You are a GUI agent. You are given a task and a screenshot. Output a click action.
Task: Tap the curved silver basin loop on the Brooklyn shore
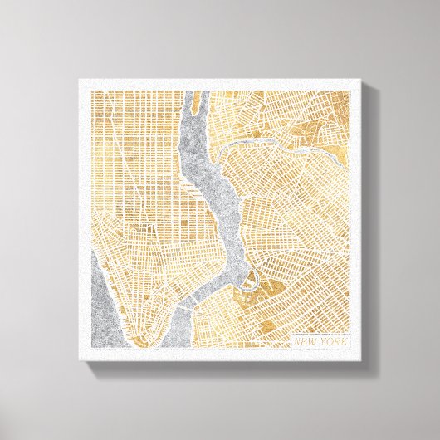coord(254,278)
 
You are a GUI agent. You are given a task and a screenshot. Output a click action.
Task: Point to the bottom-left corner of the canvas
coord(81,359)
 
